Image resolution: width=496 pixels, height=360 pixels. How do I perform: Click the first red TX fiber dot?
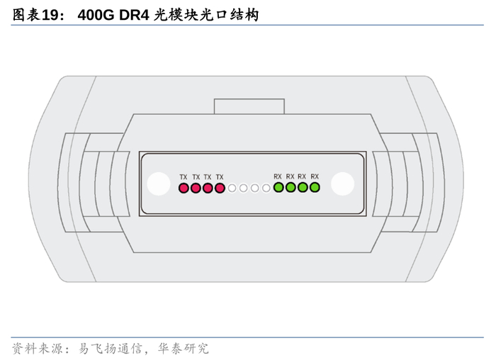click(x=184, y=189)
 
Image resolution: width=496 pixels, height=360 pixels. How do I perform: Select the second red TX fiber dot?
click(x=196, y=189)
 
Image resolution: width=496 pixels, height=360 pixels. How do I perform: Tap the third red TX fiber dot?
click(x=208, y=189)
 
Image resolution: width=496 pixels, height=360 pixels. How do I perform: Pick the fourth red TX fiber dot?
click(x=220, y=189)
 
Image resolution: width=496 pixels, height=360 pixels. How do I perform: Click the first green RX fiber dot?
click(x=278, y=188)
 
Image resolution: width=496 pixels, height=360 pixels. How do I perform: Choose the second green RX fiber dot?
click(x=291, y=188)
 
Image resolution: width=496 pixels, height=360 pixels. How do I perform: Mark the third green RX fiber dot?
click(x=303, y=188)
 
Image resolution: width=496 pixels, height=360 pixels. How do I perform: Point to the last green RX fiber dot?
click(x=315, y=188)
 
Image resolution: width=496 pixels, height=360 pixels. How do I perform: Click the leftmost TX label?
click(x=184, y=177)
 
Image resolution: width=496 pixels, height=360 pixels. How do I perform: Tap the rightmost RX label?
click(x=315, y=176)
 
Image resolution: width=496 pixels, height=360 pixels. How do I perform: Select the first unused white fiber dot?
click(x=232, y=189)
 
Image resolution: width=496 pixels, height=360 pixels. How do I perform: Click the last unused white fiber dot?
click(x=266, y=189)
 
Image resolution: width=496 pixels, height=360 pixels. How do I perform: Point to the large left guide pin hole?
click(x=157, y=184)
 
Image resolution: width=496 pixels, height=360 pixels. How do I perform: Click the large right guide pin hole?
click(x=342, y=184)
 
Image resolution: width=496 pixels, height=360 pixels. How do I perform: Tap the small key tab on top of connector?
click(x=249, y=106)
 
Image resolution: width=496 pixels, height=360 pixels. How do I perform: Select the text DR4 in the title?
click(x=134, y=14)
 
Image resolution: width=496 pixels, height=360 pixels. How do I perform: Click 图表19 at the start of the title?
click(x=33, y=14)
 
